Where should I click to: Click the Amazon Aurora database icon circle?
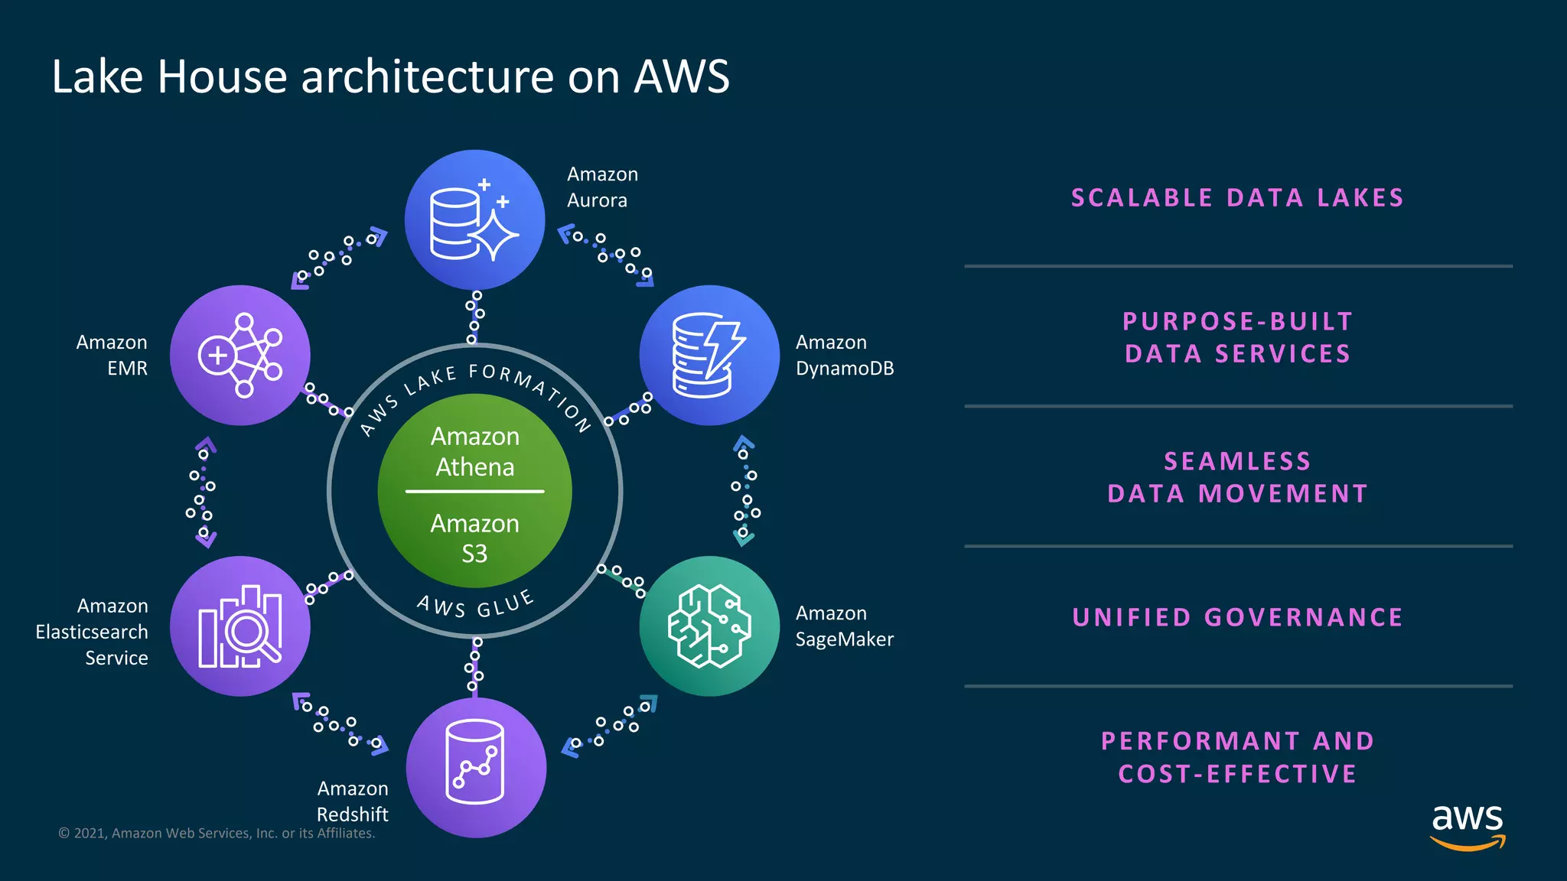tap(474, 220)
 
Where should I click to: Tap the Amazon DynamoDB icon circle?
tap(709, 356)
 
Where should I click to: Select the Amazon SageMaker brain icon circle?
tap(709, 626)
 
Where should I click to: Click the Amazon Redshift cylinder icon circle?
tap(476, 767)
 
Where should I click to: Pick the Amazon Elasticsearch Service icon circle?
tap(240, 626)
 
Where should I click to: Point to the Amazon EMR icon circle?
tap(240, 356)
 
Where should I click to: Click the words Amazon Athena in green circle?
tap(475, 451)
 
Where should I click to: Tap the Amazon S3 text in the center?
tap(475, 538)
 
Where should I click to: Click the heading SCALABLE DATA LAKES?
tap(1237, 198)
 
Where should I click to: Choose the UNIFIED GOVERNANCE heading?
tap(1237, 617)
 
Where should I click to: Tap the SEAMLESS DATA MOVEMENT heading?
tap(1237, 477)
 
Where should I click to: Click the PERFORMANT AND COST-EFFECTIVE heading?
tap(1237, 757)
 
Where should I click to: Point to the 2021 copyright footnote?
tap(217, 834)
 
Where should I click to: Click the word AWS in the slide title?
tap(681, 76)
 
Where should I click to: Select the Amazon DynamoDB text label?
tap(844, 356)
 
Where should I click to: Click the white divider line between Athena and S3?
tap(475, 491)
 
